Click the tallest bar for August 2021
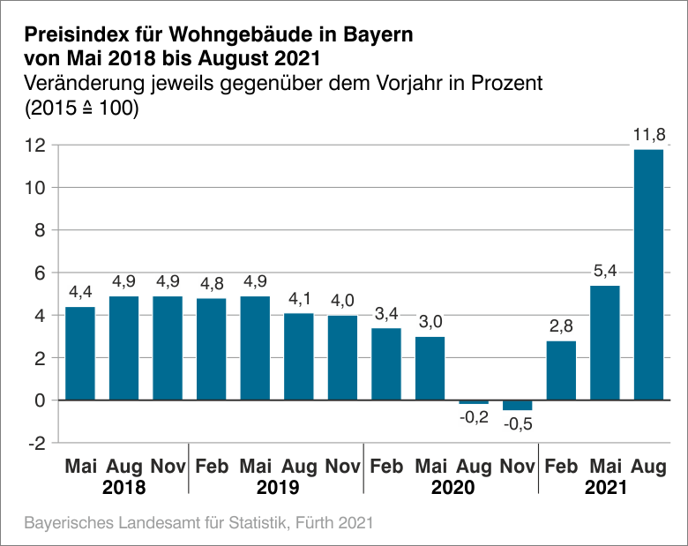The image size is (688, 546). [x=648, y=274]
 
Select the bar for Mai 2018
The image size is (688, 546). [x=80, y=353]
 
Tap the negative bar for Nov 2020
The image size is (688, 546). [x=517, y=405]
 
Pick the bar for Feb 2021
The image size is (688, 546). [x=561, y=370]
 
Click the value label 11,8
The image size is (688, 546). [x=648, y=135]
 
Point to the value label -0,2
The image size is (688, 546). [x=474, y=417]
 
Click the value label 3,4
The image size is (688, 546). [x=386, y=313]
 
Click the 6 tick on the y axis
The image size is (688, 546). [x=39, y=273]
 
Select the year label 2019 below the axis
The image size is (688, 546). [x=277, y=487]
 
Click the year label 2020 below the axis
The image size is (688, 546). [x=452, y=487]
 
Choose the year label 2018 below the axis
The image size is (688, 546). [x=123, y=487]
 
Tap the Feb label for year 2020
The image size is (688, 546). [x=386, y=466]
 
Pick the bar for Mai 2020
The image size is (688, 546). [x=430, y=368]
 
